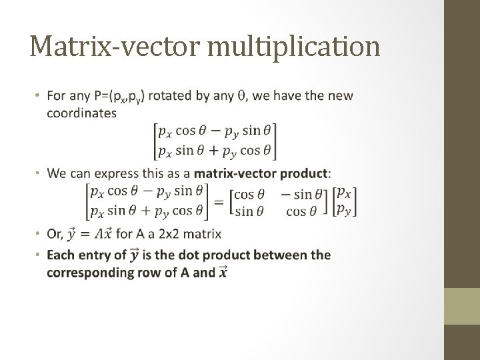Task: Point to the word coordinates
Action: [x=81, y=113]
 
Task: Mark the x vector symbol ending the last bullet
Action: [x=222, y=272]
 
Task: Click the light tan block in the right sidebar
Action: [x=461, y=306]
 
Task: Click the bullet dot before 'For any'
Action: [x=38, y=97]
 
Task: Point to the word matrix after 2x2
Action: [x=203, y=234]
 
